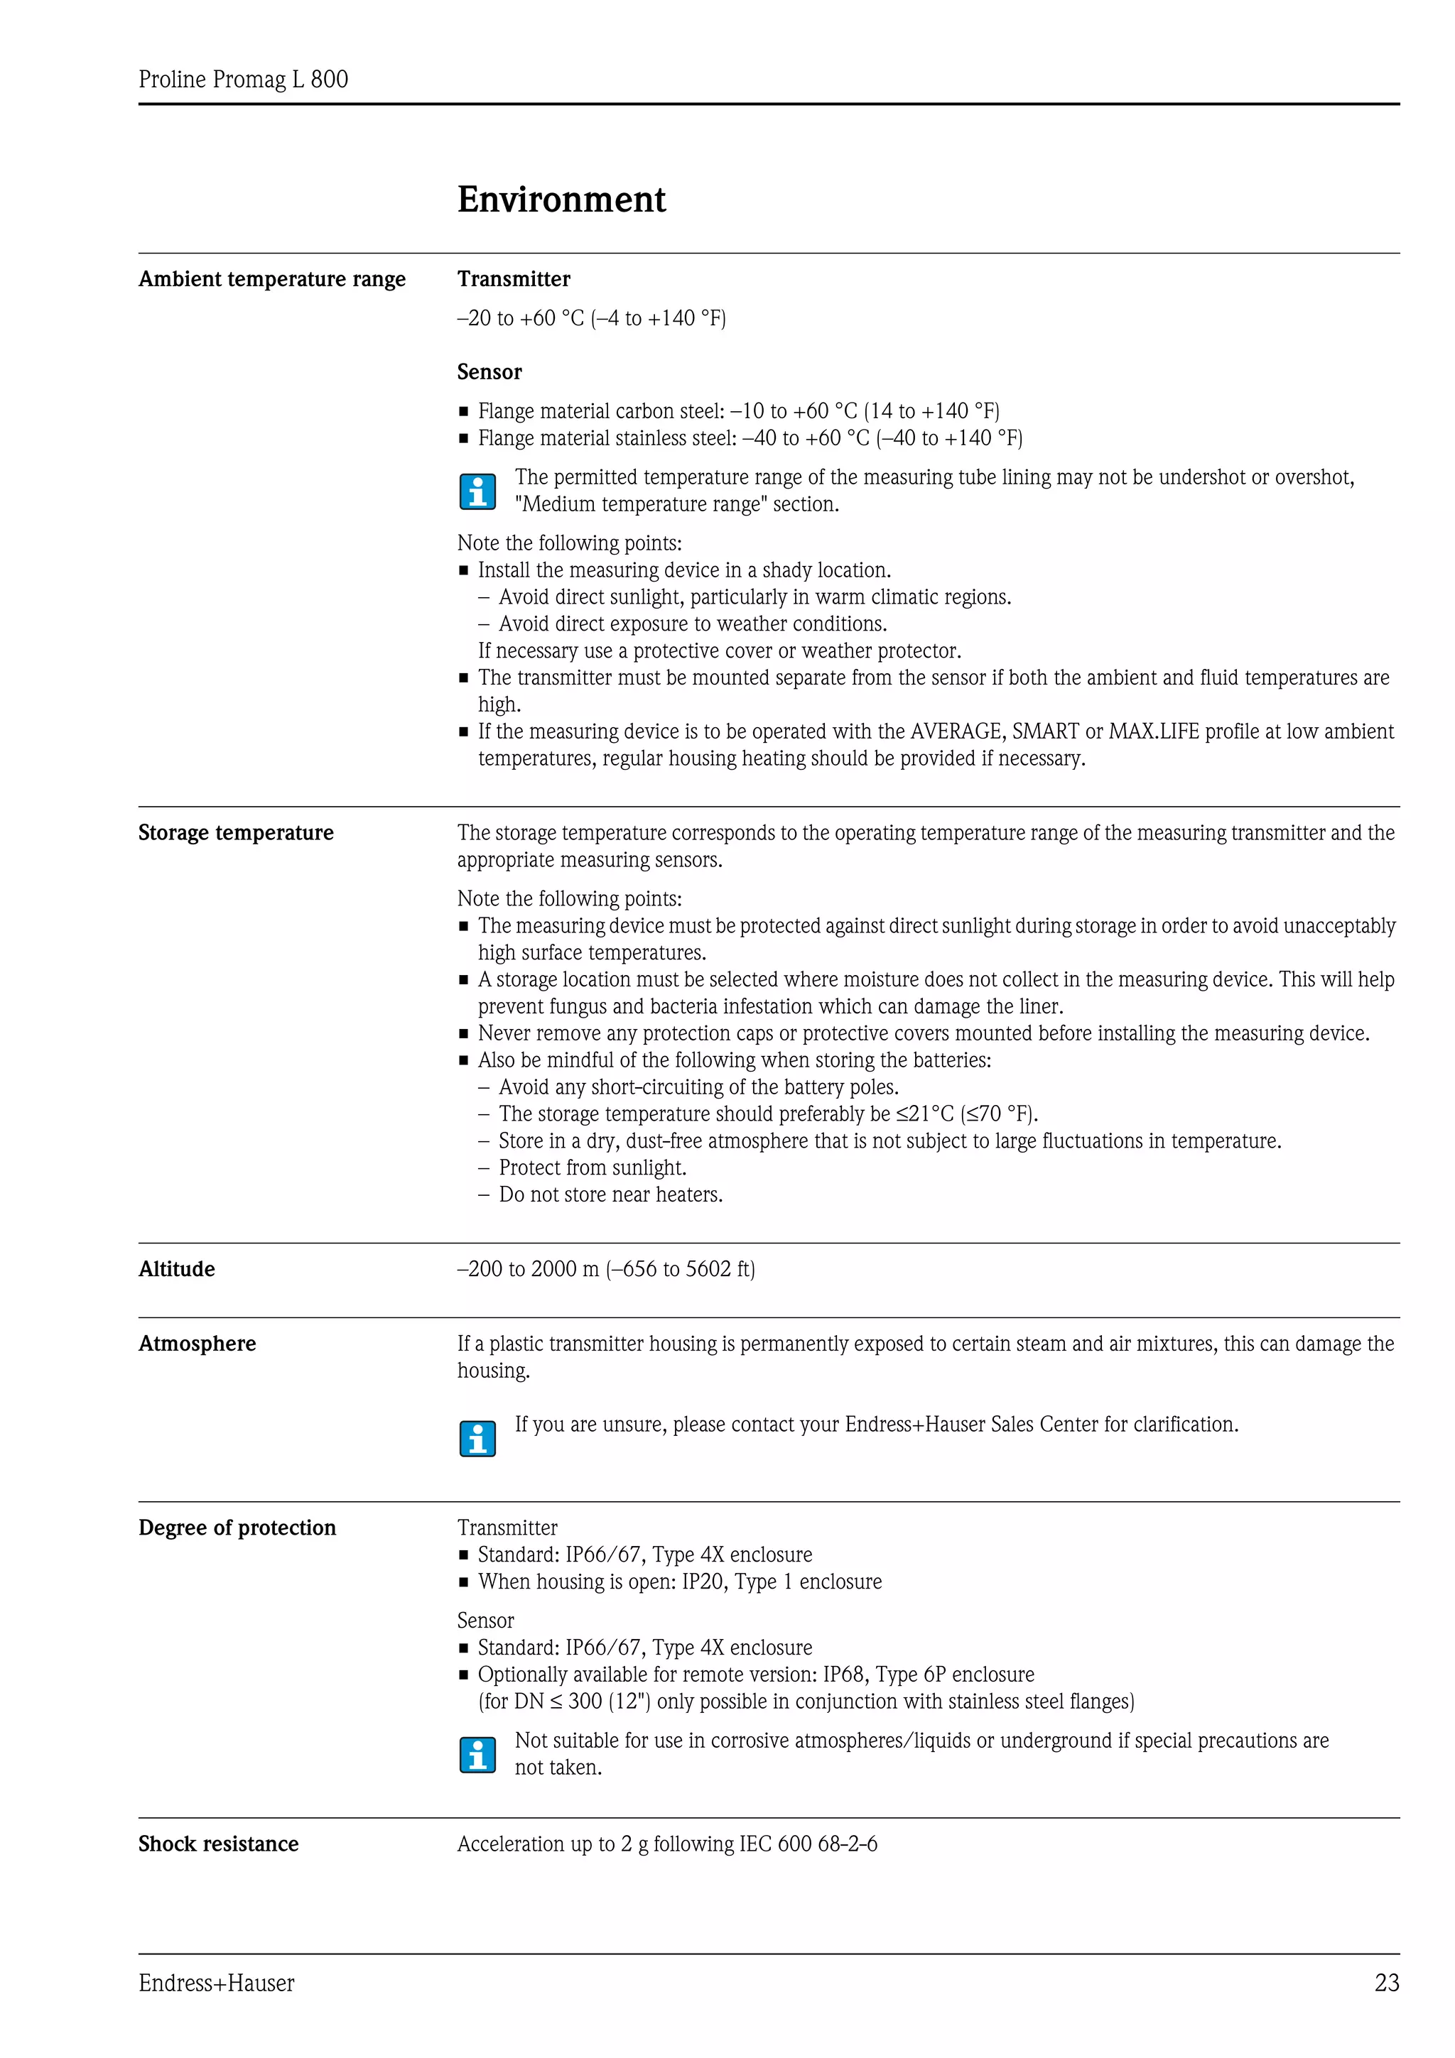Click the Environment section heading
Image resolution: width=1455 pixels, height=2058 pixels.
coord(561,199)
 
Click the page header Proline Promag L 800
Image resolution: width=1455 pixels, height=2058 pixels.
coord(243,80)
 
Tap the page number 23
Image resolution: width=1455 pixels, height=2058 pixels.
coord(1386,1983)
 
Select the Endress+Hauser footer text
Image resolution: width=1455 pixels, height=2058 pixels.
coord(216,1983)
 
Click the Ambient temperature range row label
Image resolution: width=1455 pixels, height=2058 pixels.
coord(271,279)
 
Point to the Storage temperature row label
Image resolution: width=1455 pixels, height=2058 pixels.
coord(236,833)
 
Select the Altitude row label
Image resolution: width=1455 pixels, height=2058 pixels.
coord(177,1268)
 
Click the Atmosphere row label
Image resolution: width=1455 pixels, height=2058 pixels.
coord(198,1343)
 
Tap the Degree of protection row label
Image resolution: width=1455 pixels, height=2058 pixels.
coord(237,1528)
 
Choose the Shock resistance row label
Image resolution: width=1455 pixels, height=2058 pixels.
coord(218,1844)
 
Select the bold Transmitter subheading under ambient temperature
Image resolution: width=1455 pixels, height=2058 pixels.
coord(514,279)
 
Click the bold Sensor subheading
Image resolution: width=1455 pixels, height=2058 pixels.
coord(489,372)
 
